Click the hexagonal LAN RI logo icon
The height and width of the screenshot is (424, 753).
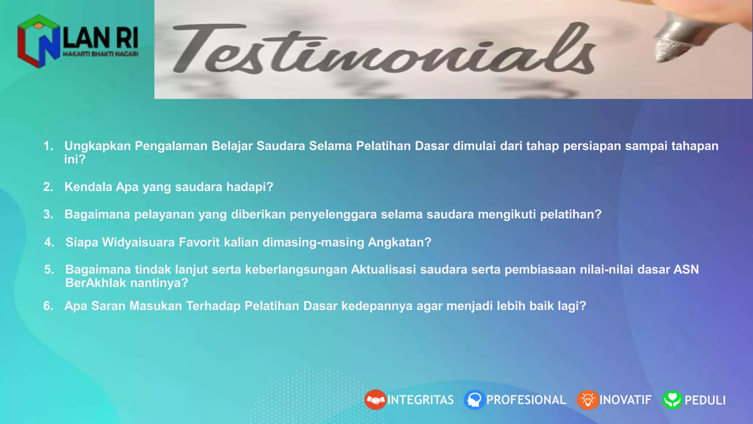(38, 41)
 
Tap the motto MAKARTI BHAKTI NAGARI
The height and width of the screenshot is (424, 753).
(100, 54)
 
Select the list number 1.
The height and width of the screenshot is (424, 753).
(48, 146)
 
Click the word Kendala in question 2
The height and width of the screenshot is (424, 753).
(88, 187)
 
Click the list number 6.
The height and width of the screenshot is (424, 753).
(48, 306)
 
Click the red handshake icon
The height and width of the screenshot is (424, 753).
(375, 400)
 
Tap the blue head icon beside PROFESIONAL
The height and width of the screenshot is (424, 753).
(474, 400)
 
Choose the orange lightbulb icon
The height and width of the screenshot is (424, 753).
(588, 400)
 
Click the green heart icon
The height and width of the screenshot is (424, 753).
(672, 400)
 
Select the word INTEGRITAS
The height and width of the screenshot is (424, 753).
(421, 400)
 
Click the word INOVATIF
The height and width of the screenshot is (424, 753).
(625, 400)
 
